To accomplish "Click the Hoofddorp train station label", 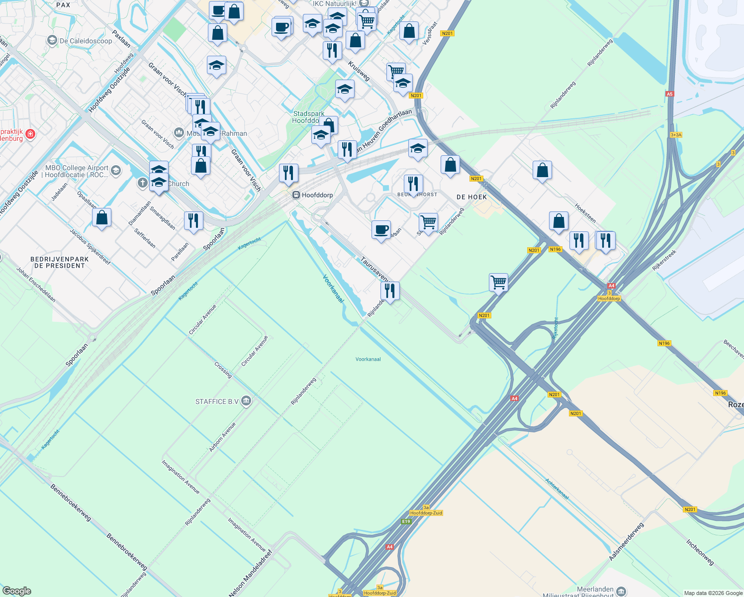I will pyautogui.click(x=317, y=195).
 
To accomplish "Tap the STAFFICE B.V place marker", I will pyautogui.click(x=246, y=401).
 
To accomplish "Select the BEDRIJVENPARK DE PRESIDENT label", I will pyautogui.click(x=59, y=262).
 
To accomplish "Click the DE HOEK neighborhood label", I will pyautogui.click(x=471, y=197).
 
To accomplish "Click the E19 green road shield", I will pyautogui.click(x=406, y=521).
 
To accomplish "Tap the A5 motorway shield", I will pyautogui.click(x=669, y=94).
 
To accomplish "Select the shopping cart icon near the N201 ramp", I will pyautogui.click(x=498, y=283).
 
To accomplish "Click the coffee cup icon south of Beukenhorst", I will pyautogui.click(x=381, y=230).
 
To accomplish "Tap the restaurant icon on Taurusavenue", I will pyautogui.click(x=390, y=291).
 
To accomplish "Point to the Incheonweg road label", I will pyautogui.click(x=700, y=552).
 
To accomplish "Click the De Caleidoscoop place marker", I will pyautogui.click(x=52, y=40).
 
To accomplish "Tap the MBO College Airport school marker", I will pyautogui.click(x=116, y=171).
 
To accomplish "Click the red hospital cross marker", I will pyautogui.click(x=30, y=134).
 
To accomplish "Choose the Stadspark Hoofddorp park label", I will pyautogui.click(x=308, y=117).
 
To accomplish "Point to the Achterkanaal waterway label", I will pyautogui.click(x=557, y=489).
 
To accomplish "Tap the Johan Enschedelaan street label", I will pyautogui.click(x=36, y=285).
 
